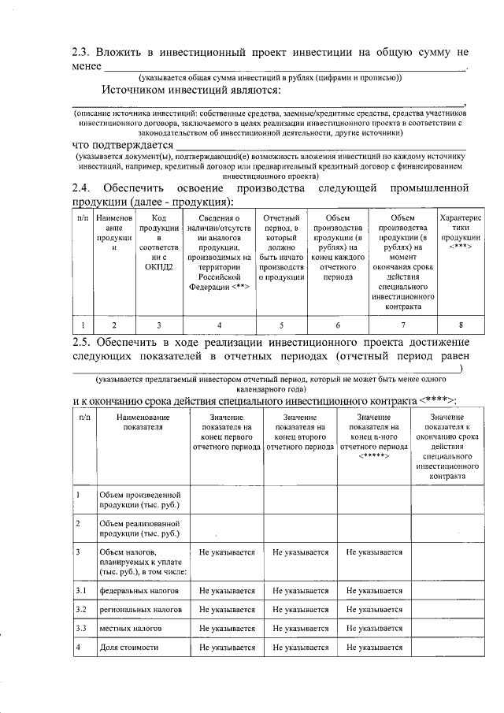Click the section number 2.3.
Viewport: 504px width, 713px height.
[82, 53]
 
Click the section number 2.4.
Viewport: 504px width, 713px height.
[82, 188]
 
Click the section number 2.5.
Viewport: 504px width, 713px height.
[82, 342]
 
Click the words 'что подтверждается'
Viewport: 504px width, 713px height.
[122, 145]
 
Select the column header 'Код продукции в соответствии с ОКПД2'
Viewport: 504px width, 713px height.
[159, 242]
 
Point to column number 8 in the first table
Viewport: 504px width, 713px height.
[461, 324]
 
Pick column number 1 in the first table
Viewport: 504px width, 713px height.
[83, 324]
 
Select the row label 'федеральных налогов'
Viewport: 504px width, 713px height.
[139, 590]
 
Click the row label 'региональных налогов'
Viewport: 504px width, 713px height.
[141, 610]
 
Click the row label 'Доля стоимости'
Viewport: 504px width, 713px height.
[129, 648]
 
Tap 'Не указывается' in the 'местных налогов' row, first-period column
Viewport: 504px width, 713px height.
[227, 629]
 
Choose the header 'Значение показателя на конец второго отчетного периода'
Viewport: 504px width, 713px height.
[300, 432]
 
